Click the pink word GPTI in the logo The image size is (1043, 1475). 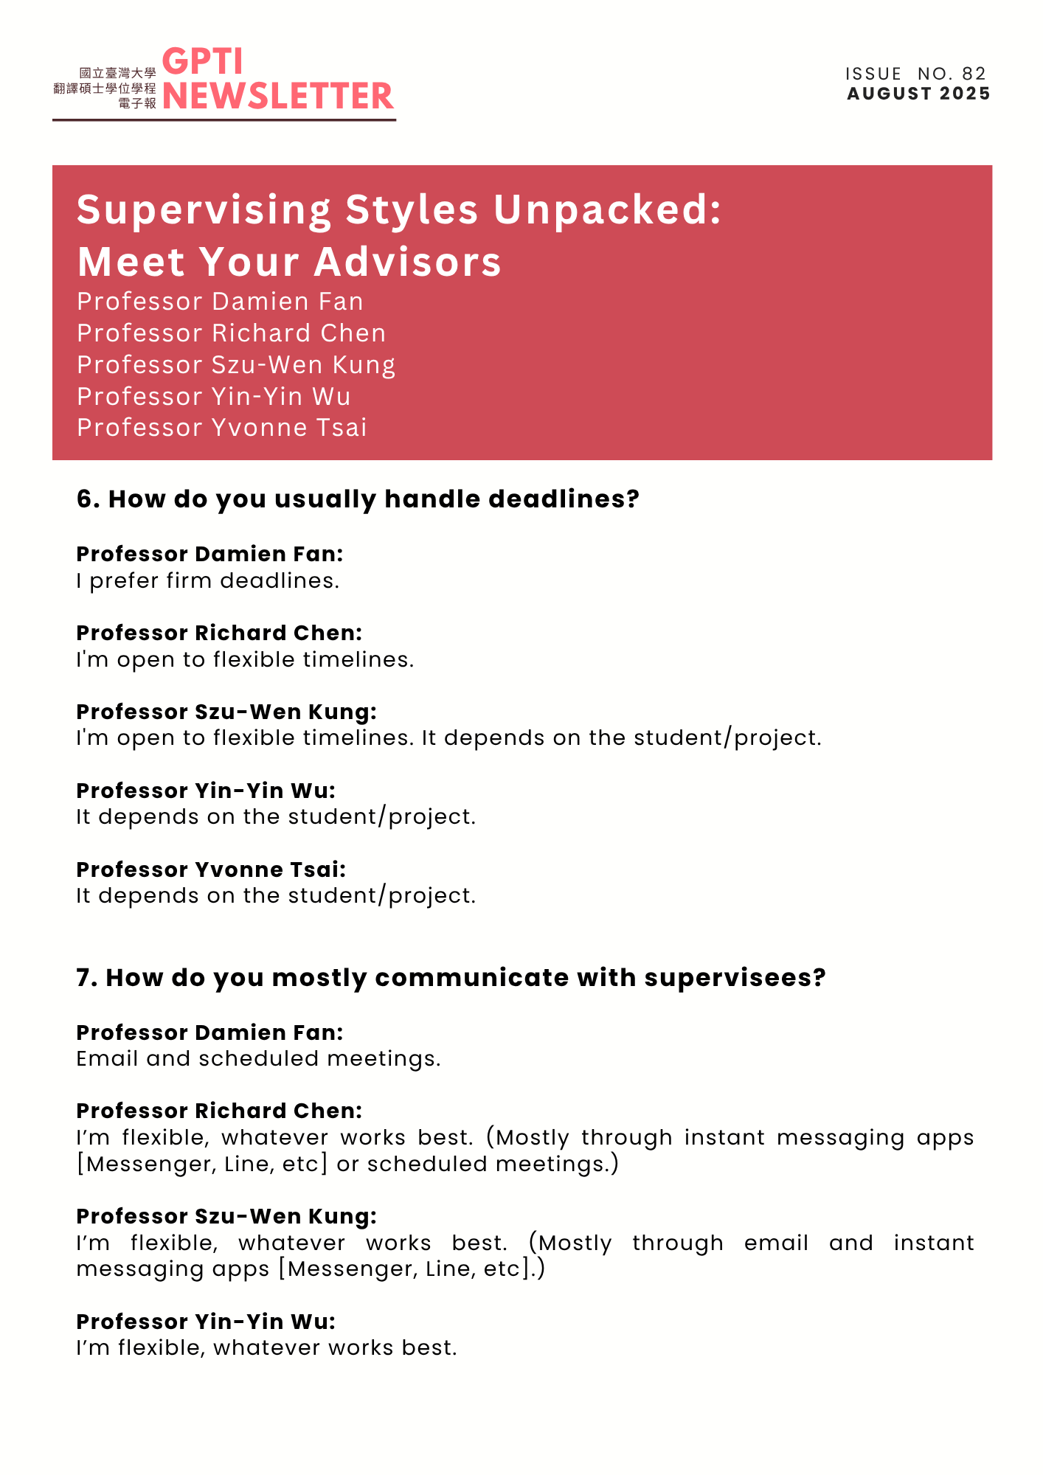point(202,62)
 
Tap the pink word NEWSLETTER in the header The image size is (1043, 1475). point(277,97)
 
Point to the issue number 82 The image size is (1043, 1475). point(974,74)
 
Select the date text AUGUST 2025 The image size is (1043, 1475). point(918,94)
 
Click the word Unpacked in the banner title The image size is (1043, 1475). point(606,209)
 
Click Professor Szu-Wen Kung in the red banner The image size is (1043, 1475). point(236,365)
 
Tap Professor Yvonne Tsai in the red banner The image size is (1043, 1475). point(221,428)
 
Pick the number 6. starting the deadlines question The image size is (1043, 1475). point(89,499)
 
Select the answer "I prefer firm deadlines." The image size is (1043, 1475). point(207,581)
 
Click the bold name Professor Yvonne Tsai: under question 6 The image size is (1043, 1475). point(211,870)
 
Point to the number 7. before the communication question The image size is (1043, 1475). point(87,978)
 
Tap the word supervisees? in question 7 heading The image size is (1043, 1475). point(735,978)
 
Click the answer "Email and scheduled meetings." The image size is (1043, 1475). point(258,1059)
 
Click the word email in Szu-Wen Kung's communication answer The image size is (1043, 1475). point(776,1243)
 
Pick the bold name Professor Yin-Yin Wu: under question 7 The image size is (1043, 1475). point(206,1322)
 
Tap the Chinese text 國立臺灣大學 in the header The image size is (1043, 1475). point(118,73)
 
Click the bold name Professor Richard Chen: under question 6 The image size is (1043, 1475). point(219,633)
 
